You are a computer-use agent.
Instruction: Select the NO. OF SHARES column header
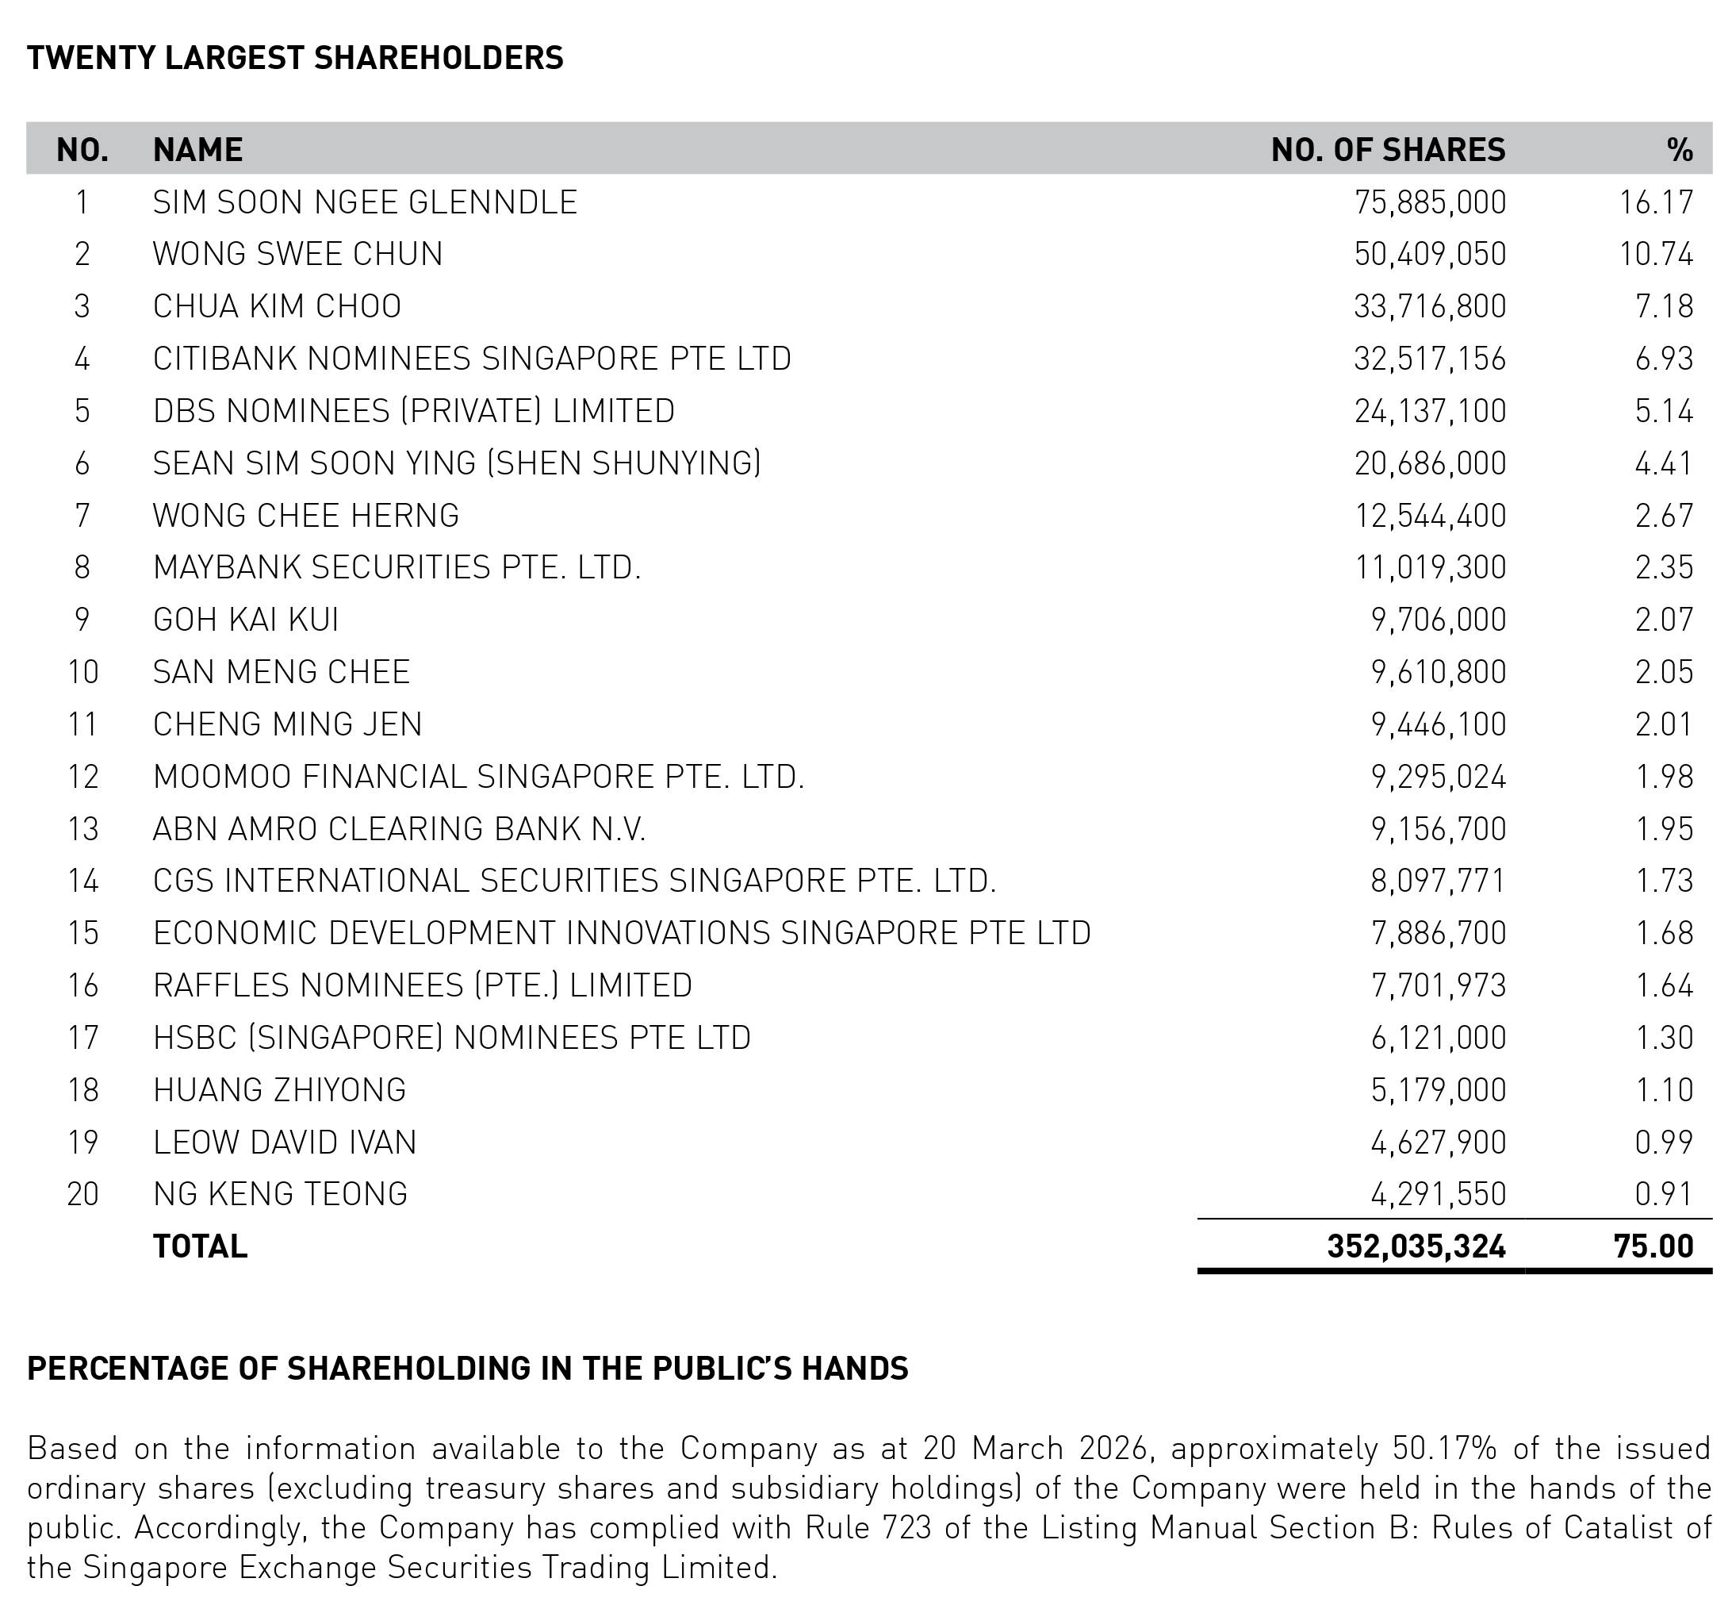1387,150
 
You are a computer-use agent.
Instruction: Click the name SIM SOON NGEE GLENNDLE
365,202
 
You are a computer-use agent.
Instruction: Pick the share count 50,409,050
1429,254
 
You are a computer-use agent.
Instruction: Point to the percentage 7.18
1664,306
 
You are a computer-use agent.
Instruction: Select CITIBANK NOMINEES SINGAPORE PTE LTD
472,359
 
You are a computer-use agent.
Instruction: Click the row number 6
82,463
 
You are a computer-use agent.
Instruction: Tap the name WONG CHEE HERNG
305,516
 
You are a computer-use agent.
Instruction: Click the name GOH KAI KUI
245,620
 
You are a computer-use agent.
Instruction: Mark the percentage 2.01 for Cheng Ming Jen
1664,724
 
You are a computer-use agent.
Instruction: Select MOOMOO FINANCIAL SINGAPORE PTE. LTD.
478,777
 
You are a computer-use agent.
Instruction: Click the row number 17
82,1038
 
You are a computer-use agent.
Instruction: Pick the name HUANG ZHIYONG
279,1090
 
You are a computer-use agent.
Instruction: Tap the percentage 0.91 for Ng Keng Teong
1664,1194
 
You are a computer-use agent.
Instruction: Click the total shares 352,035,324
1416,1246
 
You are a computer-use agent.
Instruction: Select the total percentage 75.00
1653,1246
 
